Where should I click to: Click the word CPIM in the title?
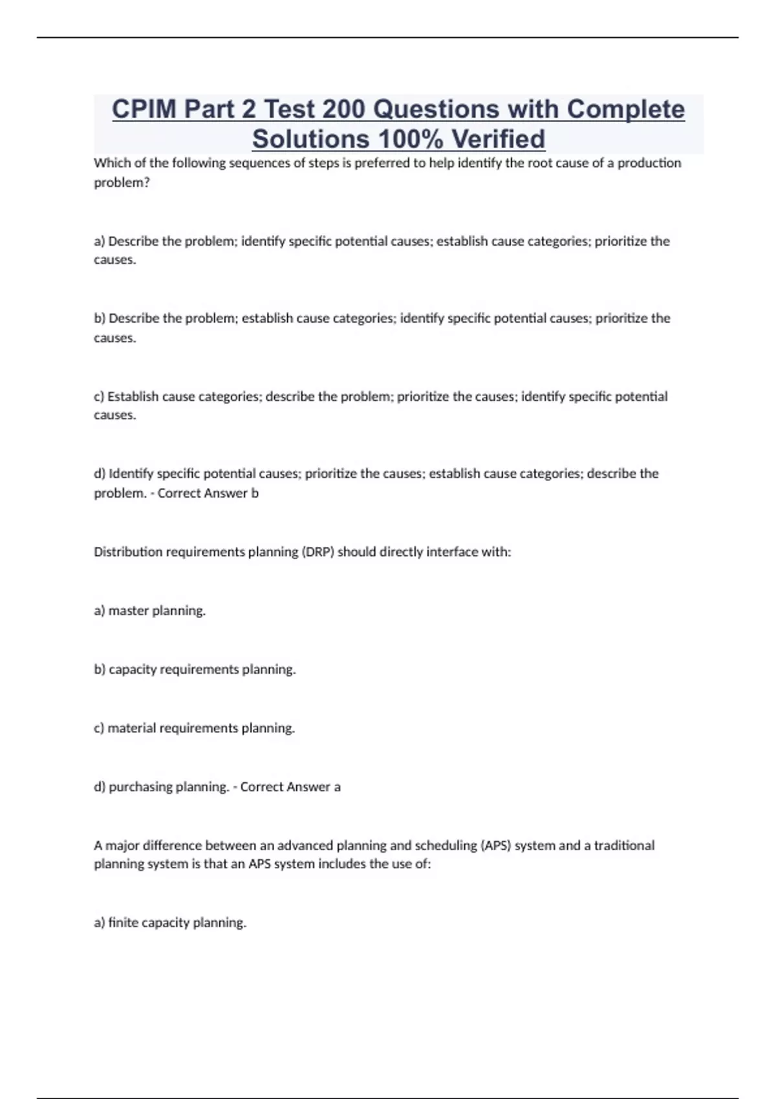[x=144, y=109]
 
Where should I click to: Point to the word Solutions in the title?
[x=311, y=139]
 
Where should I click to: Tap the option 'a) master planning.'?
[x=150, y=611]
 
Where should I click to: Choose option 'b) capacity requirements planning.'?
[x=195, y=670]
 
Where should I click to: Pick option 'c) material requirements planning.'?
[x=195, y=729]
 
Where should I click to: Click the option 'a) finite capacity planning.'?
[x=170, y=923]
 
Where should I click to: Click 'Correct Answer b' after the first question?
[x=208, y=493]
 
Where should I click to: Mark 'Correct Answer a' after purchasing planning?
[x=290, y=787]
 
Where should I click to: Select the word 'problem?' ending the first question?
[x=122, y=183]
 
